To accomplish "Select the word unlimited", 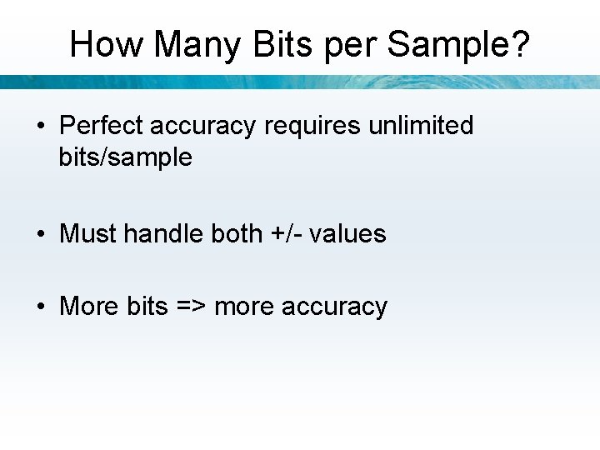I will click(421, 126).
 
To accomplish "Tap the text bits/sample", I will click(125, 157).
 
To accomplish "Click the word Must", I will click(88, 233).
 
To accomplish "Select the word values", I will click(347, 233).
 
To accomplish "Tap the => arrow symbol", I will click(191, 307).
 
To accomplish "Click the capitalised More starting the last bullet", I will click(89, 306).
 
